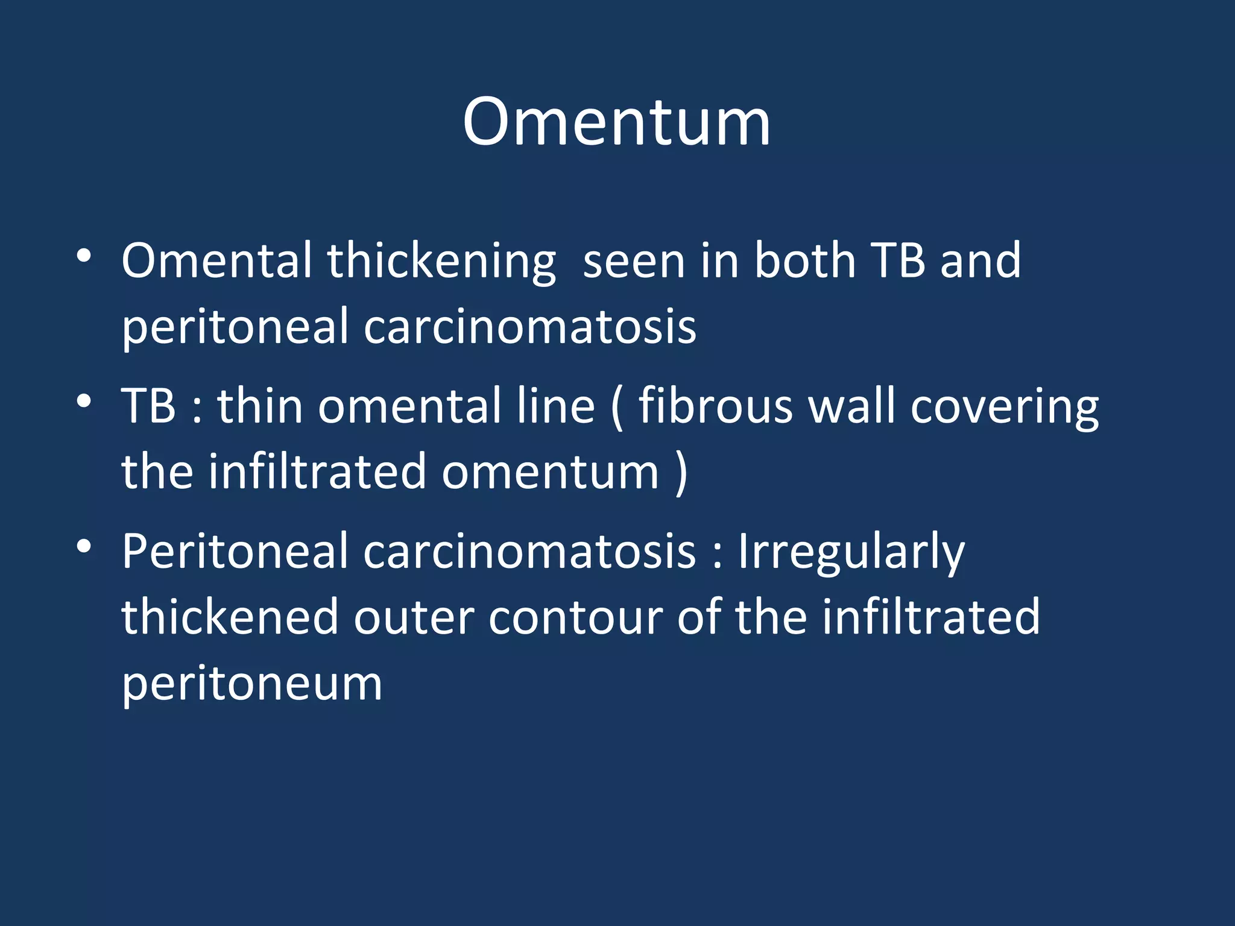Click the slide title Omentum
616,122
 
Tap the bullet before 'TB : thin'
84,400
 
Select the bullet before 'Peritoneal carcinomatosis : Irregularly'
84,546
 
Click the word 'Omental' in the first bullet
216,261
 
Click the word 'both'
806,261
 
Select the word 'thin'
260,406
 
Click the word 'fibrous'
715,406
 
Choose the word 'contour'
575,617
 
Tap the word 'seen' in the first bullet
634,261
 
